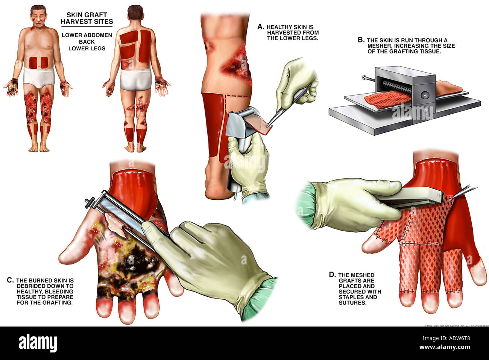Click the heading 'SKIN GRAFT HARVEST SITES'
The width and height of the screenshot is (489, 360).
87,18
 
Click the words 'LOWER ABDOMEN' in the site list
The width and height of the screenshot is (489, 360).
87,35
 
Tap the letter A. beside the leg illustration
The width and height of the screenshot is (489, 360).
261,27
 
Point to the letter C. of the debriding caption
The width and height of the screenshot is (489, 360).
11,280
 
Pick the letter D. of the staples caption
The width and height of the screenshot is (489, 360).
332,275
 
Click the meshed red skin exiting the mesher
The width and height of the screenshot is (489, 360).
386,98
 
